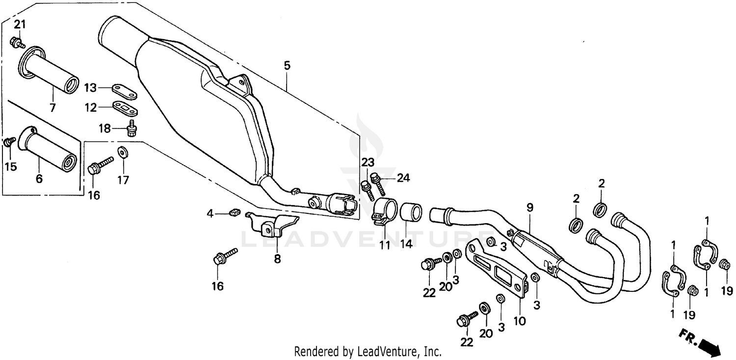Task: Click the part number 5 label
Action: click(287, 65)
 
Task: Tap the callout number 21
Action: click(19, 25)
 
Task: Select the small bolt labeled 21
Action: click(18, 43)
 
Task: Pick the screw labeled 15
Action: click(9, 142)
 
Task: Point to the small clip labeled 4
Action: click(234, 212)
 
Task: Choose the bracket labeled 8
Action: click(272, 225)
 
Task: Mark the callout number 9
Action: click(530, 208)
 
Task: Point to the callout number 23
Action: click(368, 162)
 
